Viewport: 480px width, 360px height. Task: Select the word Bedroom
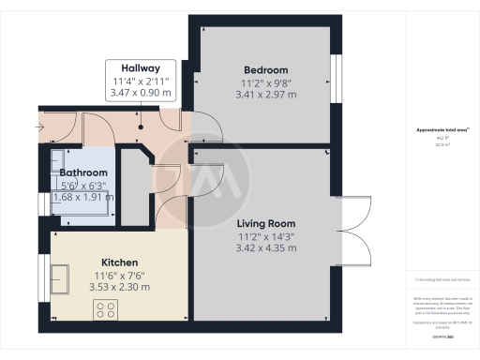tap(265, 70)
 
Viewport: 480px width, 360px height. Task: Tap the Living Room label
tap(265, 223)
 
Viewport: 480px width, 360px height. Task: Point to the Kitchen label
tap(120, 262)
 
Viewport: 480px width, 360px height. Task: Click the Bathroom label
tap(84, 173)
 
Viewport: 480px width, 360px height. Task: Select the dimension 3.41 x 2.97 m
tap(265, 95)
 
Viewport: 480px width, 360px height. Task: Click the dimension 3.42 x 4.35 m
tap(265, 248)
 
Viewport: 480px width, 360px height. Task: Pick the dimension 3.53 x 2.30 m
tap(120, 287)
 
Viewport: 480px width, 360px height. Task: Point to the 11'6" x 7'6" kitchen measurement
tap(120, 275)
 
